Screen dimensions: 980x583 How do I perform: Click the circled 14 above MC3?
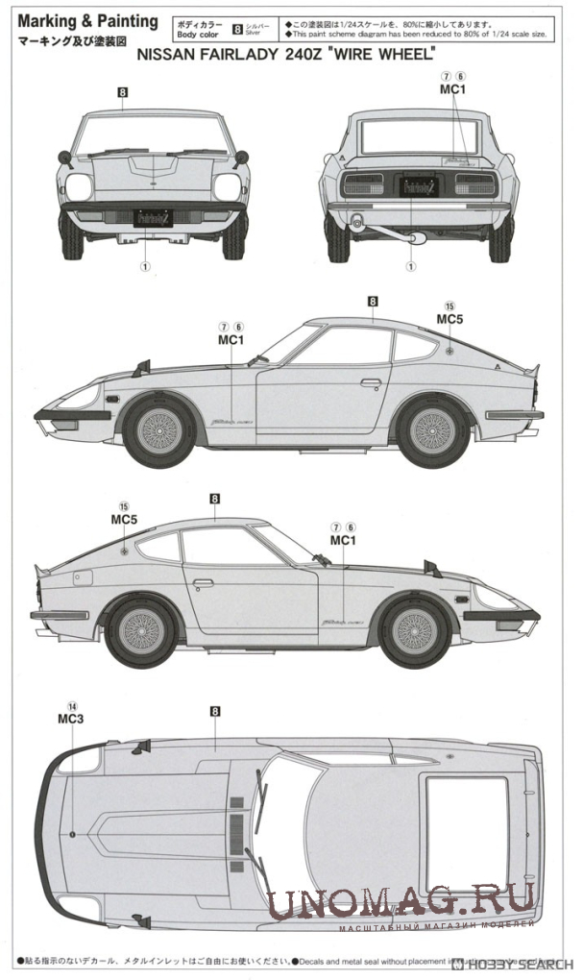pos(72,704)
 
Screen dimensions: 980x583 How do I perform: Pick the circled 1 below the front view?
pos(146,267)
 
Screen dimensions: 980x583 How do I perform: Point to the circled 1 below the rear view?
pos(413,267)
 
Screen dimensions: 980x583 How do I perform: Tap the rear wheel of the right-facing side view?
pos(141,632)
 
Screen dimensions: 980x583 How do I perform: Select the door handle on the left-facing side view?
pos(371,382)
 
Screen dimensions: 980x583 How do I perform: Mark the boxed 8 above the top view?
pos(215,711)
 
